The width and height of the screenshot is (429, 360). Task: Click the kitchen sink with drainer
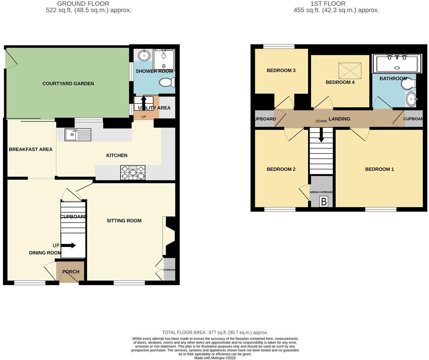pyautogui.click(x=78, y=135)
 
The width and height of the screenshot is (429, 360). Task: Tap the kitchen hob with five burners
pyautogui.click(x=133, y=172)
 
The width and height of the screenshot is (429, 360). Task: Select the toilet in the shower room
pyautogui.click(x=167, y=82)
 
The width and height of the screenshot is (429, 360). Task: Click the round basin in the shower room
pyautogui.click(x=144, y=55)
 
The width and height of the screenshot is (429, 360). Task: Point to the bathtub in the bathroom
pyautogui.click(x=397, y=64)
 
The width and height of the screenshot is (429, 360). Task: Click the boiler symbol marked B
pyautogui.click(x=324, y=201)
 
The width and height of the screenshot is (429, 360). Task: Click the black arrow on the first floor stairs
pyautogui.click(x=321, y=135)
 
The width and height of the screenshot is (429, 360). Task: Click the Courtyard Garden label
pyautogui.click(x=68, y=83)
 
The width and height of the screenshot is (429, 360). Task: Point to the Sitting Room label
pyautogui.click(x=124, y=221)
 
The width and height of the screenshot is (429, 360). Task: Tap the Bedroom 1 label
pyautogui.click(x=379, y=169)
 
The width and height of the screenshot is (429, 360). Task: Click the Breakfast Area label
pyautogui.click(x=31, y=149)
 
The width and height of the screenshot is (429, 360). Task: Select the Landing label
pyautogui.click(x=339, y=119)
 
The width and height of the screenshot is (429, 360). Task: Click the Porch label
pyautogui.click(x=71, y=272)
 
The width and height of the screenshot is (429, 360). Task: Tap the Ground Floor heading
pyautogui.click(x=83, y=4)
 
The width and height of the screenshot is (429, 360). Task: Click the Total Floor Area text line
pyautogui.click(x=215, y=332)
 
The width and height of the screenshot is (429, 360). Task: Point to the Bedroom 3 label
pyautogui.click(x=281, y=70)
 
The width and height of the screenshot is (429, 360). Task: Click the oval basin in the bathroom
pyautogui.click(x=411, y=100)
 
